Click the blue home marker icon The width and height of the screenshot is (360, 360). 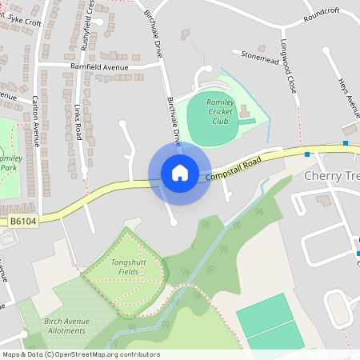point(179,173)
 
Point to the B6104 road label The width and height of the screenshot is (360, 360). point(23,219)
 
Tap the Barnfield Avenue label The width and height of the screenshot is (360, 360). point(99,67)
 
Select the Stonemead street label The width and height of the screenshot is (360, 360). point(259,55)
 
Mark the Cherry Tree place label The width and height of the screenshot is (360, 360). point(333,176)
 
